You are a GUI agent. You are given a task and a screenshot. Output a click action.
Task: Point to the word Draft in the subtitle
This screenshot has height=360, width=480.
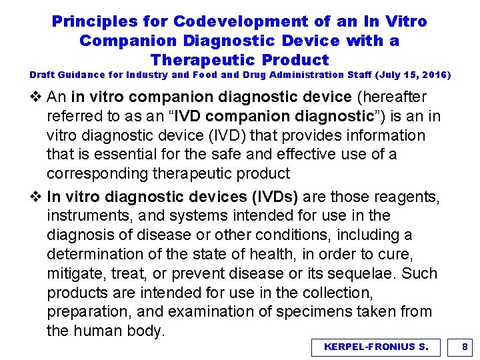44,75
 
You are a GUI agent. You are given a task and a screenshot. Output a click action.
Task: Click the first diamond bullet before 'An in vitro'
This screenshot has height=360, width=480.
35,97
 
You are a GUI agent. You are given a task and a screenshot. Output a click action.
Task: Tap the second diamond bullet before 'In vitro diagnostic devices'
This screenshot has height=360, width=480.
35,197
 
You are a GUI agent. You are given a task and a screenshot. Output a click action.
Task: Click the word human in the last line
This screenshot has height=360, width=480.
99,331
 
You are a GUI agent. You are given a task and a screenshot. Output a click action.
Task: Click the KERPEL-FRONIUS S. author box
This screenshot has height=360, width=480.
376,347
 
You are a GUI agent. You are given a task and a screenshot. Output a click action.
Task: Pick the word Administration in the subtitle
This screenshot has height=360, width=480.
262,75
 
